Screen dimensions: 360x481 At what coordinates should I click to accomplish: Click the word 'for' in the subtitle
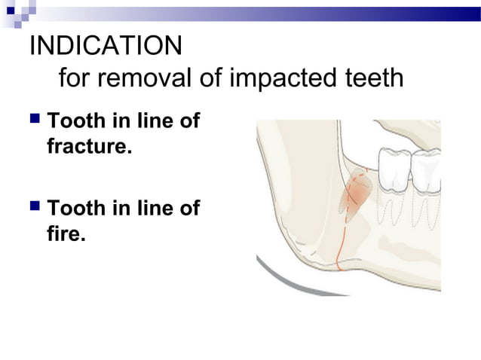click(73, 78)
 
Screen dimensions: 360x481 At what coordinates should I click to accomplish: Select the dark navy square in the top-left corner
click(11, 10)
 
